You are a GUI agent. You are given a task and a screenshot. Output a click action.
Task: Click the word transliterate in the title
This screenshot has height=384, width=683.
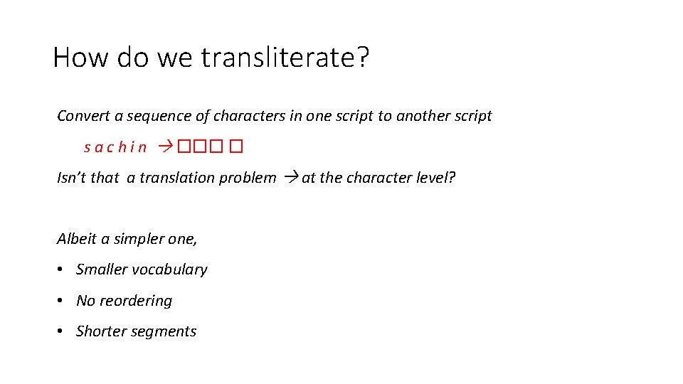[x=285, y=57]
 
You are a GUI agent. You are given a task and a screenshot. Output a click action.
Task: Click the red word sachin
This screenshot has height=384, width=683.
[x=115, y=147]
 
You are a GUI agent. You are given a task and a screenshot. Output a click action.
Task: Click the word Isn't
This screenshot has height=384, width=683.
[x=71, y=178]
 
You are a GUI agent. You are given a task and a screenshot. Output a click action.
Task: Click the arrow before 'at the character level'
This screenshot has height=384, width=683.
[x=290, y=178]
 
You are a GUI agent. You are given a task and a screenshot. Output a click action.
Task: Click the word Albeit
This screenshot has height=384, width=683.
[x=76, y=239]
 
